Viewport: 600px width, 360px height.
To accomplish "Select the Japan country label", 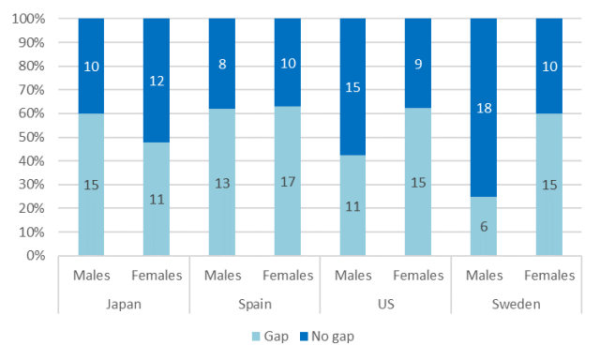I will [124, 305].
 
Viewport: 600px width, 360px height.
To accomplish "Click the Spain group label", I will [255, 305].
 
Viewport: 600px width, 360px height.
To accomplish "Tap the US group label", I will [385, 305].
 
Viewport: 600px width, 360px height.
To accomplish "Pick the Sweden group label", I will [517, 305].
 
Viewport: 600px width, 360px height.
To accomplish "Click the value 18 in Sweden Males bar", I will [484, 108].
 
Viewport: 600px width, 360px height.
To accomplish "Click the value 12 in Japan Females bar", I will [157, 82].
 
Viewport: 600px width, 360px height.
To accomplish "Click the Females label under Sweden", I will [549, 275].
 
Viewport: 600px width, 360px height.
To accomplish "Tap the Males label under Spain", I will [222, 275].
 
